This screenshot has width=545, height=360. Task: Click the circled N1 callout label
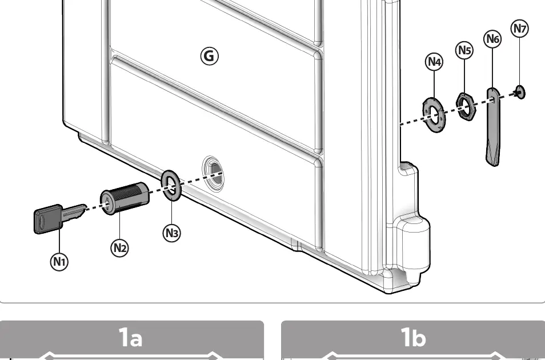coord(59,262)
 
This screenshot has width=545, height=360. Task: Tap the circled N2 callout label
coord(119,248)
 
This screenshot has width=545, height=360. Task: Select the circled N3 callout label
coord(172,233)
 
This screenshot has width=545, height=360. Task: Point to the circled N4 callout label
coord(434,62)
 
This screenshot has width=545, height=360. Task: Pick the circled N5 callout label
coord(464,50)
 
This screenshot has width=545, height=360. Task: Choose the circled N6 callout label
coord(493,39)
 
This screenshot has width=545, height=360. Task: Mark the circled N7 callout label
coord(520,29)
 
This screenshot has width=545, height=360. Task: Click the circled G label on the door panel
coord(210,55)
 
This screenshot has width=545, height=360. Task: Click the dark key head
coord(48,219)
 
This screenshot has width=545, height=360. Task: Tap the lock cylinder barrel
coord(125,198)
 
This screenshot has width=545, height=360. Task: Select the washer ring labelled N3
coord(171,185)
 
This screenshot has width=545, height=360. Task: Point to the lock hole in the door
coord(213,173)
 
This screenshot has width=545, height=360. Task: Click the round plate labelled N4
coord(434,115)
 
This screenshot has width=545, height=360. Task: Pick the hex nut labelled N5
coord(466,106)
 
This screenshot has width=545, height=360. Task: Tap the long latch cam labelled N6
coord(493,127)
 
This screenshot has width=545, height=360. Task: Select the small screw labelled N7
coord(520,92)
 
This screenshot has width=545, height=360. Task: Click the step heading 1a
coord(131,337)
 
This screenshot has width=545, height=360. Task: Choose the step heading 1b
coord(414,337)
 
